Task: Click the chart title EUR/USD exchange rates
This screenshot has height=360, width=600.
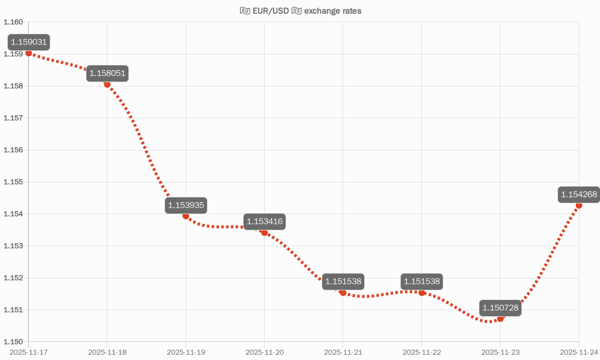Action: click(x=300, y=11)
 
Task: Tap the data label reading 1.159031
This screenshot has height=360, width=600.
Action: click(x=28, y=42)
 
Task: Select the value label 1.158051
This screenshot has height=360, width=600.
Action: click(x=107, y=73)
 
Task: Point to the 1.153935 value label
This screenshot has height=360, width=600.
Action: click(x=186, y=205)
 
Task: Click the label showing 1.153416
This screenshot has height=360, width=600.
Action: click(x=265, y=221)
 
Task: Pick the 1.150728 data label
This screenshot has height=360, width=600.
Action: click(x=500, y=308)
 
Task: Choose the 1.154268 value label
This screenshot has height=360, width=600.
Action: click(x=578, y=194)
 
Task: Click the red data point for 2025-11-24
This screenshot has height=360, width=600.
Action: click(x=579, y=205)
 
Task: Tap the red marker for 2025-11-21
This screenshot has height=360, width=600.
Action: click(x=343, y=292)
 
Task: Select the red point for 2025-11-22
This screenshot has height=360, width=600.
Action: click(x=422, y=292)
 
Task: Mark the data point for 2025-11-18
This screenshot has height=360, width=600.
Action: click(x=107, y=84)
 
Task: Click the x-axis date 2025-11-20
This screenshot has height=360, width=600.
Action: click(x=265, y=352)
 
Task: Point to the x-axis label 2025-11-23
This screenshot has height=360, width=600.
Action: click(x=500, y=352)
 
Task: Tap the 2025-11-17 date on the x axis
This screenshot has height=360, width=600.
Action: click(x=28, y=352)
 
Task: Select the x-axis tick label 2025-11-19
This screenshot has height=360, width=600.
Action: click(x=185, y=352)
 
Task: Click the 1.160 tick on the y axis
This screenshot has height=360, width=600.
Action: click(x=13, y=22)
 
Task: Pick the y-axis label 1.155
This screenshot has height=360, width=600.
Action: click(x=13, y=182)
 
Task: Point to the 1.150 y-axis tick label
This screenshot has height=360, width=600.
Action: click(x=13, y=342)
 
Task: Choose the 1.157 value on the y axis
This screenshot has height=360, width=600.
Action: click(x=13, y=118)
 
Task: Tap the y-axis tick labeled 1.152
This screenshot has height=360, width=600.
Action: click(x=13, y=278)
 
